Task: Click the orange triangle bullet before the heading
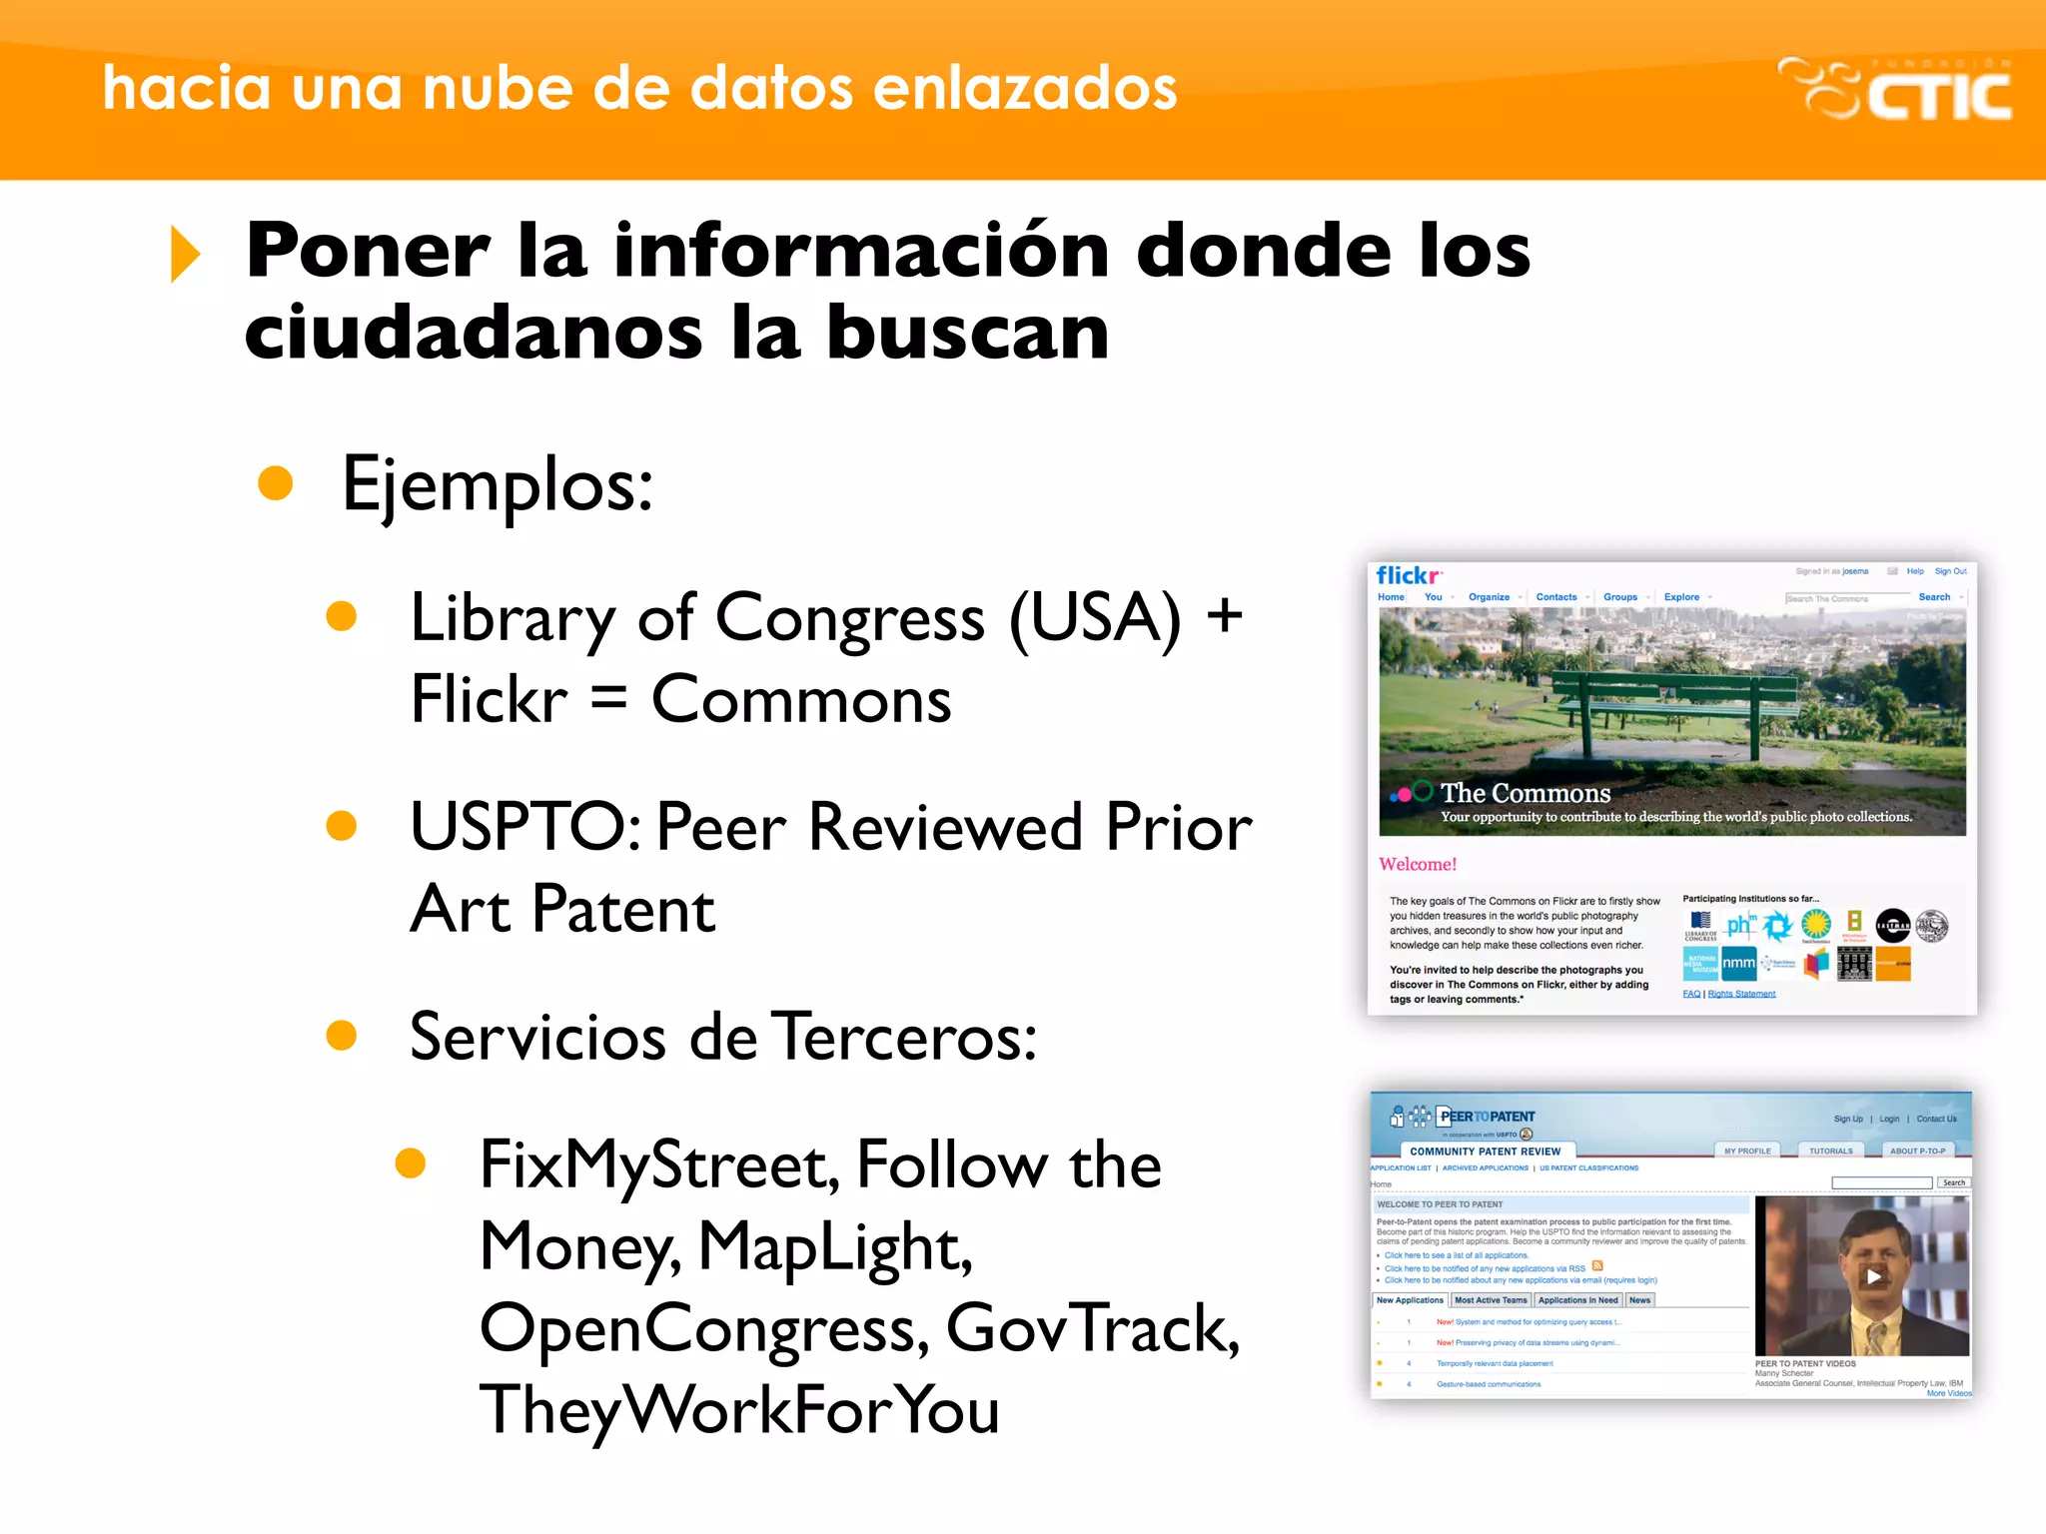pyautogui.click(x=185, y=254)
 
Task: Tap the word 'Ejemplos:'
pyautogui.click(x=498, y=485)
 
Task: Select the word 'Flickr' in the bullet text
pyautogui.click(x=489, y=699)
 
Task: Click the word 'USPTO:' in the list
pyautogui.click(x=525, y=827)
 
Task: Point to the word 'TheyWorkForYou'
pyautogui.click(x=739, y=1409)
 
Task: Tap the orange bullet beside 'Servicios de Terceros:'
pyautogui.click(x=342, y=1036)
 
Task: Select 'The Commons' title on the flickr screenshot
pyautogui.click(x=1525, y=793)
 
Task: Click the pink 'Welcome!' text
pyautogui.click(x=1418, y=864)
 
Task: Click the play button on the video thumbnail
pyautogui.click(x=1873, y=1275)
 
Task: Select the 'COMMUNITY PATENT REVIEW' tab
pyautogui.click(x=1485, y=1151)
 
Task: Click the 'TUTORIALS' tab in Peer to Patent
pyautogui.click(x=1830, y=1150)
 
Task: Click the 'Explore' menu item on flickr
pyautogui.click(x=1681, y=597)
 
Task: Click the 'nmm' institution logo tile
pyautogui.click(x=1738, y=964)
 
